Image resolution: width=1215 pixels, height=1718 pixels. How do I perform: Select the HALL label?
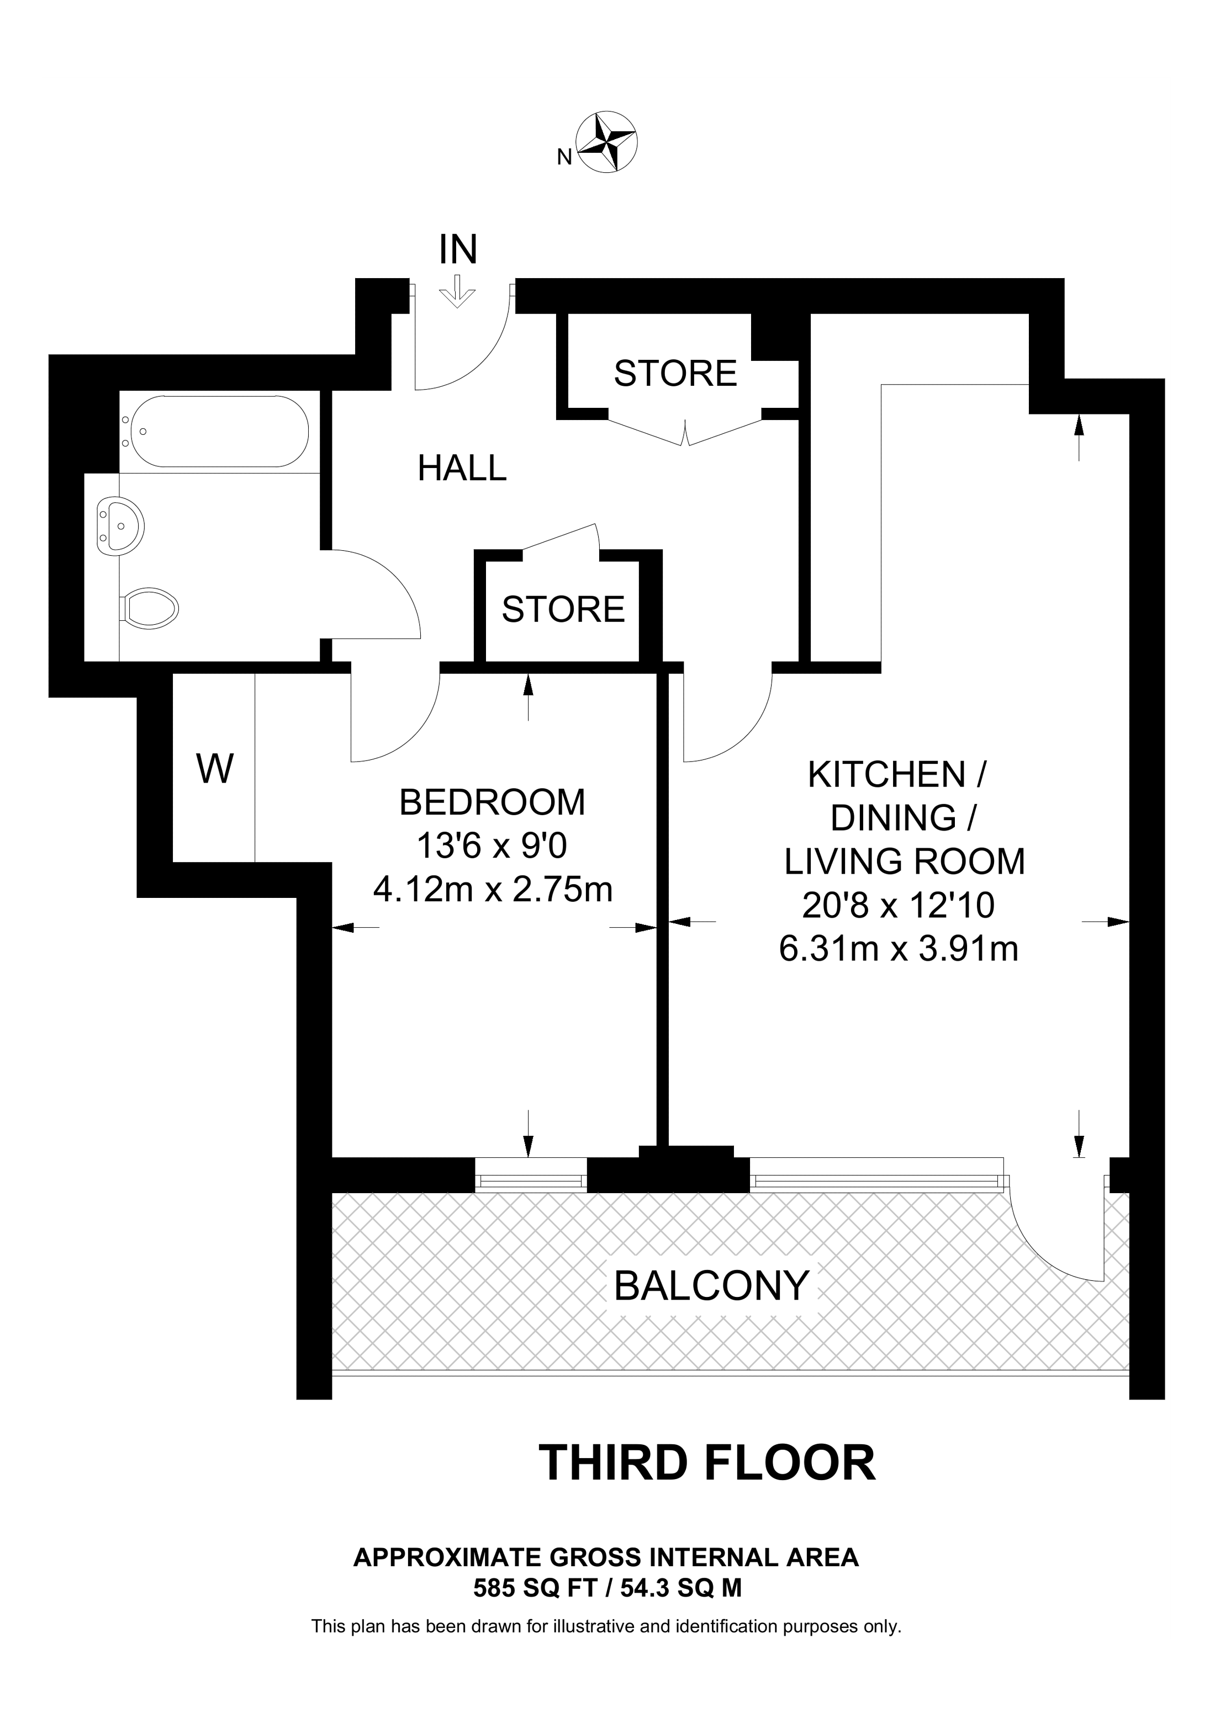click(x=462, y=469)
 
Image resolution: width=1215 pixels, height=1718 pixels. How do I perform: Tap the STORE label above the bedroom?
click(x=563, y=609)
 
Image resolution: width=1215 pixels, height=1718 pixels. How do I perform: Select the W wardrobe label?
click(x=215, y=768)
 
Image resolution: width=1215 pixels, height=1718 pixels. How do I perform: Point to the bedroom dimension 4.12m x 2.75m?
click(x=493, y=890)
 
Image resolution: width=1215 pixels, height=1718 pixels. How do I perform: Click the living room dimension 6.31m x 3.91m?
click(x=899, y=949)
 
